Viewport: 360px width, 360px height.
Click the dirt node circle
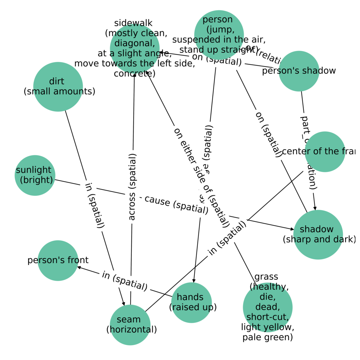[58, 87]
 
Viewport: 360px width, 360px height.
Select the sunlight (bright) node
[35, 175]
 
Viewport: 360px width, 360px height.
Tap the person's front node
[58, 261]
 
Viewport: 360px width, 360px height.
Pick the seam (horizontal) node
[130, 325]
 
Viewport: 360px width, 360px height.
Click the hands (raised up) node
[191, 303]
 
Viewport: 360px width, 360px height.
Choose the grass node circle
[267, 307]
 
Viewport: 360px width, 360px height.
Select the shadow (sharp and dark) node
[318, 234]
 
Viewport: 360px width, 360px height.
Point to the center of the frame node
[325, 152]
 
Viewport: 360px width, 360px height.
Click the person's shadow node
[299, 71]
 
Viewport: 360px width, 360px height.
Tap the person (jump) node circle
[219, 35]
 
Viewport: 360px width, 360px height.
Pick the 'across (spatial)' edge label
[132, 187]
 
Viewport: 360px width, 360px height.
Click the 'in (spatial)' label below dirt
[94, 205]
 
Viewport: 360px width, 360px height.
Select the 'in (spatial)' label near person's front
[125, 281]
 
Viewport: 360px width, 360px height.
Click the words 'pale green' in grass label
[267, 337]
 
